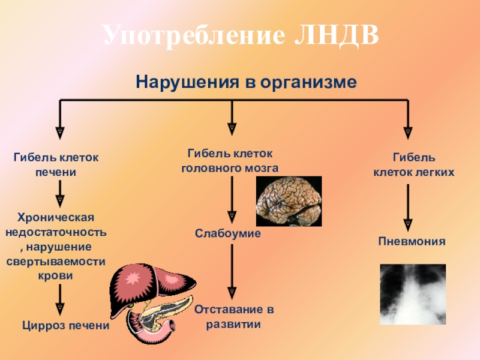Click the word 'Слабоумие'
tap(227, 232)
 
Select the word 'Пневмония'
tap(412, 242)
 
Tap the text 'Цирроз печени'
tap(65, 326)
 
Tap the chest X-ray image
tap(413, 294)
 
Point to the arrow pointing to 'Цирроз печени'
tap(59, 300)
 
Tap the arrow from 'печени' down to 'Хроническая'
tap(59, 192)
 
